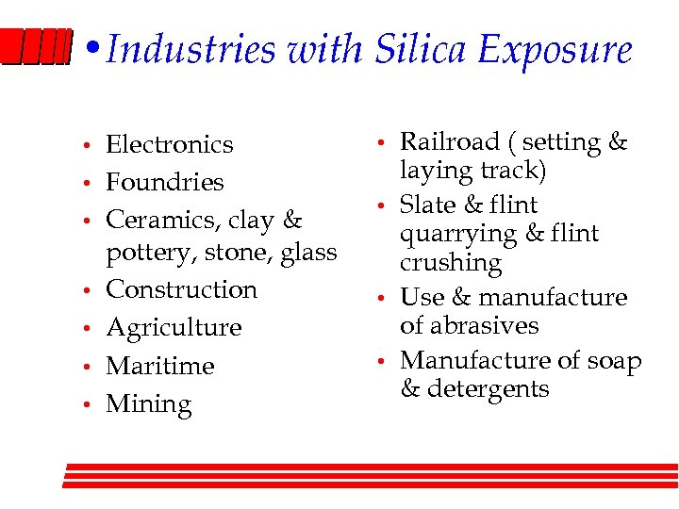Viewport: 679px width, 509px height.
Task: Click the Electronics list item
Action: tap(169, 144)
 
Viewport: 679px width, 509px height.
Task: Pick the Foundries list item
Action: tap(165, 182)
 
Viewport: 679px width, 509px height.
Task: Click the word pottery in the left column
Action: tap(145, 253)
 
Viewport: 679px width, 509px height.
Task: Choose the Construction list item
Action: tap(181, 289)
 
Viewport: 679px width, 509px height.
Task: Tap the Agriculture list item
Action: tap(174, 328)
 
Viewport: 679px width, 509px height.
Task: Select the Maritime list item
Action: tap(160, 366)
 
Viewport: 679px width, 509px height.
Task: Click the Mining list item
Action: tap(148, 404)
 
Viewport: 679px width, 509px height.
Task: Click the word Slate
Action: tap(428, 205)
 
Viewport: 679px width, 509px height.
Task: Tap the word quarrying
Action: tap(458, 235)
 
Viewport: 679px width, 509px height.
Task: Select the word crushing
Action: tap(451, 263)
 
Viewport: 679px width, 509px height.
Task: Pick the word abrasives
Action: tap(482, 326)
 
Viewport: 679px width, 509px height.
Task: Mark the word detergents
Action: tap(488, 389)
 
